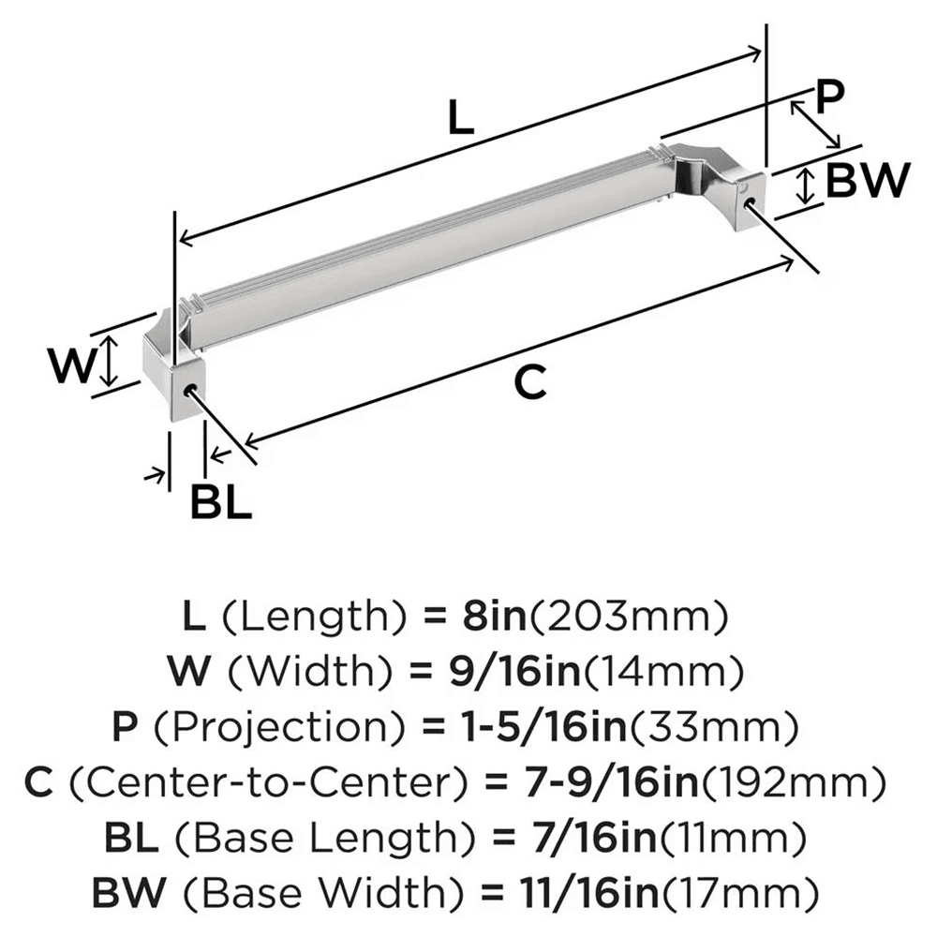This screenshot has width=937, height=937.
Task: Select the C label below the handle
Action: point(529,382)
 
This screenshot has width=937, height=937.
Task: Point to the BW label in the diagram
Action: point(868,181)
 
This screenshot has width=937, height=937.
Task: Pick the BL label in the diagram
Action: point(221,503)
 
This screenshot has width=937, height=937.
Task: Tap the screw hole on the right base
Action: point(749,201)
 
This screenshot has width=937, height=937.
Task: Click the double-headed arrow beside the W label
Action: point(110,363)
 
